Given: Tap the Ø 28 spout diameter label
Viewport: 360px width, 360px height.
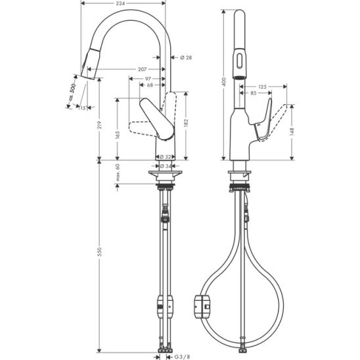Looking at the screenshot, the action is tap(186, 57).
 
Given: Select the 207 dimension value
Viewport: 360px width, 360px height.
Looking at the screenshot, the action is tap(142, 69).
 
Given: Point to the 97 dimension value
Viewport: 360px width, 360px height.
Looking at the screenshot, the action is tap(148, 79).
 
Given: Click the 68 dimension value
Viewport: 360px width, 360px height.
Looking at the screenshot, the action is tap(150, 85).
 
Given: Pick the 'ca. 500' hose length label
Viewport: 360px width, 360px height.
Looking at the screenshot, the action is tap(72, 92).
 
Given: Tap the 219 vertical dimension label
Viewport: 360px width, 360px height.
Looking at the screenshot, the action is tap(99, 125).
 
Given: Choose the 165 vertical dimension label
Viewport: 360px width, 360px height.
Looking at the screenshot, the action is tap(118, 135).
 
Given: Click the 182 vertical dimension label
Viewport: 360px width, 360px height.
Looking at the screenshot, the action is tap(186, 123).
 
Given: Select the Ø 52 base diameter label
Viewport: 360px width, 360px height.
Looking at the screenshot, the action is tap(166, 157).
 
